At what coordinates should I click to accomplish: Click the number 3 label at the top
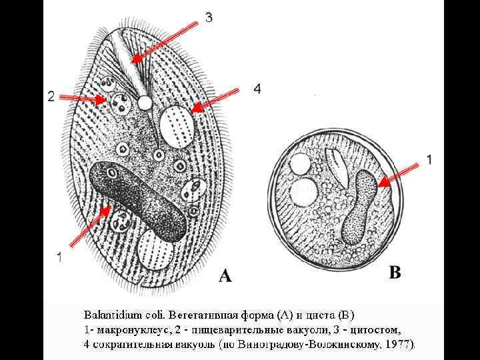click(x=209, y=18)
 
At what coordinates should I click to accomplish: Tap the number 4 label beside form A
click(x=257, y=88)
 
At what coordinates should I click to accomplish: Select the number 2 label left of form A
click(x=51, y=97)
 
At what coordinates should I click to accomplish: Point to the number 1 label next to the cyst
click(x=429, y=159)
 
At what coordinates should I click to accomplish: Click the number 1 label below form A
click(x=60, y=257)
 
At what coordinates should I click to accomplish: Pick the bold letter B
click(x=395, y=273)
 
